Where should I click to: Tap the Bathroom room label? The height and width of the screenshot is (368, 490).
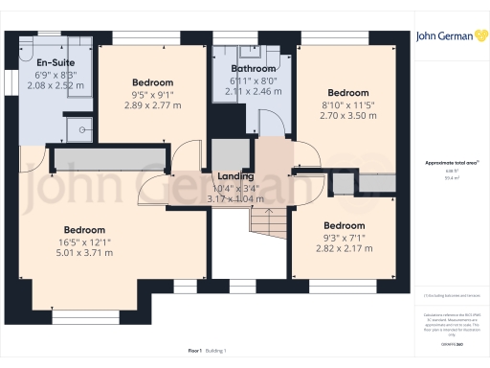tap(254, 70)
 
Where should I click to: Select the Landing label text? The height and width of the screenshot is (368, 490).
tap(235, 176)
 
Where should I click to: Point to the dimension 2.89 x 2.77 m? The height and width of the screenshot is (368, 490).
tap(152, 103)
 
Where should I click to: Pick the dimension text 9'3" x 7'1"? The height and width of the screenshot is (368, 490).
tap(344, 237)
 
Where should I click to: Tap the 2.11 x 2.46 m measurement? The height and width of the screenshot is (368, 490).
tap(254, 93)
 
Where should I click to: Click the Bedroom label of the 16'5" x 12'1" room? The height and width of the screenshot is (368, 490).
tap(84, 230)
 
